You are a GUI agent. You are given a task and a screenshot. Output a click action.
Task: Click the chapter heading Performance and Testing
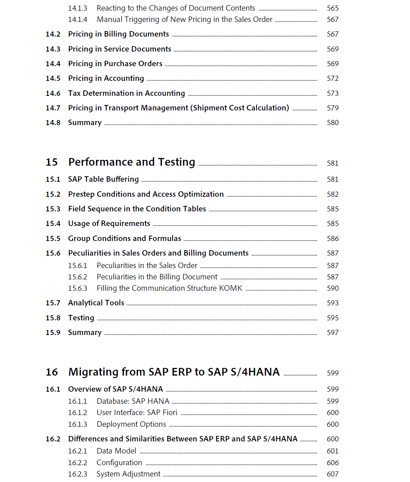132,162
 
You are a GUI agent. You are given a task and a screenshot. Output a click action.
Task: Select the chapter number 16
52,372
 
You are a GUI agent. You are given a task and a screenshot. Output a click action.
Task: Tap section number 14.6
53,93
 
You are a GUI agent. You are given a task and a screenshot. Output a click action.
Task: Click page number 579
332,108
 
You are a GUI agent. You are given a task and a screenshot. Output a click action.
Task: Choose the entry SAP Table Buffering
103,179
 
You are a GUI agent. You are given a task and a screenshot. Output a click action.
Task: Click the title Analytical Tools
96,303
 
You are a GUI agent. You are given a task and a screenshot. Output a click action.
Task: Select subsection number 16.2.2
78,463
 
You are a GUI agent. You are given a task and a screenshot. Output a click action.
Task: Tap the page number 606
332,463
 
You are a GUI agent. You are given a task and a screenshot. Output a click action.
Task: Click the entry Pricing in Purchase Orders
115,64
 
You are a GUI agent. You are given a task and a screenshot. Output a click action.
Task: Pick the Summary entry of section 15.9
85,332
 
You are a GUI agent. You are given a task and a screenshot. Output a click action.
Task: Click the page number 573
332,93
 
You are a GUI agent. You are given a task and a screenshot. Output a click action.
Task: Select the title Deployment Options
131,424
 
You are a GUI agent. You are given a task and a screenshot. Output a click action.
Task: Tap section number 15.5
53,238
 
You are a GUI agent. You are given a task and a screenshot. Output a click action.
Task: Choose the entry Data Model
116,451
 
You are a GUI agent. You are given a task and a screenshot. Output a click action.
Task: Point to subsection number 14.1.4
78,19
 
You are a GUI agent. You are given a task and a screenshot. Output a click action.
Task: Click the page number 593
332,303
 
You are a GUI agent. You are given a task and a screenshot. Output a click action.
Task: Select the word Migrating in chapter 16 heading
93,372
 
